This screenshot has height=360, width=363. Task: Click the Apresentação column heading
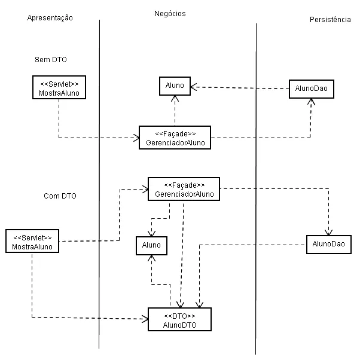point(50,18)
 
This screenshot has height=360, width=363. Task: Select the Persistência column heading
point(330,20)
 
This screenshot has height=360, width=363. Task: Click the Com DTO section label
point(60,196)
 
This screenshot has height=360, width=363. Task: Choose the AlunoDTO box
point(180,320)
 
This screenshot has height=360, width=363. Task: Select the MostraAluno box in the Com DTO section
point(32,241)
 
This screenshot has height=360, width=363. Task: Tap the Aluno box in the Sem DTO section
point(175,86)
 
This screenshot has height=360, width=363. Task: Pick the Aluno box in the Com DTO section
point(151,245)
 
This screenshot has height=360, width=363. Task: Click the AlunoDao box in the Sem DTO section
point(311,89)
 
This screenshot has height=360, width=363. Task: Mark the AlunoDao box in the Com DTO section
point(328,245)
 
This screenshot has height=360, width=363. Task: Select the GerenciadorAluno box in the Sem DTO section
point(175,137)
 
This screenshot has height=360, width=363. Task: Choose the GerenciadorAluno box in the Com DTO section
point(184,189)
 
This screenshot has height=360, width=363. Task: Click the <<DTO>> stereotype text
point(180,315)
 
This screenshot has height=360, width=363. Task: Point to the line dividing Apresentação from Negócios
point(99,179)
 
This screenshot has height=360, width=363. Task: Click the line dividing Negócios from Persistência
point(256,179)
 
